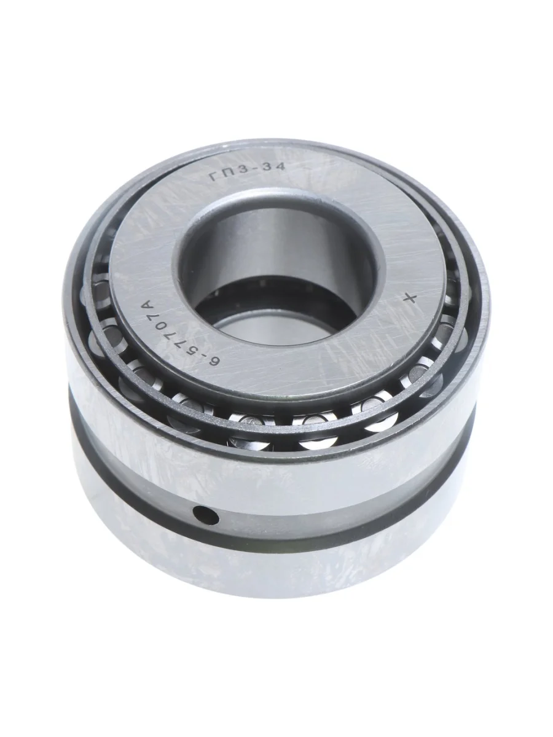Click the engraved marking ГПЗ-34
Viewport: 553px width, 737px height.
(x=248, y=171)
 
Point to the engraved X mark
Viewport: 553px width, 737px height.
(x=410, y=298)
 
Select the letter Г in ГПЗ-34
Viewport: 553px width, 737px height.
(x=215, y=177)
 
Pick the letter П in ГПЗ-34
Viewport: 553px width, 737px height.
(x=228, y=174)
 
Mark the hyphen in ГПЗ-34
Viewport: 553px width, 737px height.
(x=255, y=171)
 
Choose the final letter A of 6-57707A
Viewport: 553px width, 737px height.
(x=146, y=306)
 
